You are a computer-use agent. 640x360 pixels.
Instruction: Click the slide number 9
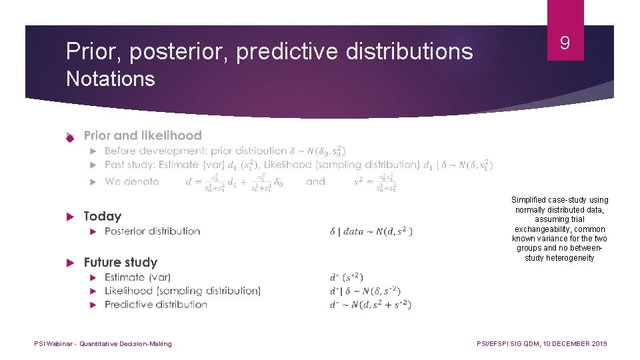coord(565,44)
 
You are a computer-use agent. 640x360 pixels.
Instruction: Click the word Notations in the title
coord(110,79)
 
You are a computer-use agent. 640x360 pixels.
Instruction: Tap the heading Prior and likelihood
coord(143,135)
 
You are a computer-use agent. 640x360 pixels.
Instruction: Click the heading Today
coord(103,216)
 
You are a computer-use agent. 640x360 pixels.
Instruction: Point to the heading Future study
coord(121,262)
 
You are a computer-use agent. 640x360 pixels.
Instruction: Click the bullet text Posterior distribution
coord(153,231)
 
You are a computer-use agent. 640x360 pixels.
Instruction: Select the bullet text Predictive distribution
coord(156,305)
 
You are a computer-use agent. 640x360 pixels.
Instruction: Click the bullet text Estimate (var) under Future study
coord(138,277)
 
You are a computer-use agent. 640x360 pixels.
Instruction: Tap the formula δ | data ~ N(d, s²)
coord(371,231)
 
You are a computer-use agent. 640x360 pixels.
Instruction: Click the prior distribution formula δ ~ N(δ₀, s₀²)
coord(318,151)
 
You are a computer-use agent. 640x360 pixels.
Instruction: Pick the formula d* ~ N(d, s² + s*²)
coord(371,305)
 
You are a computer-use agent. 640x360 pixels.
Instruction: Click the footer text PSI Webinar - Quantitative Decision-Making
coord(103,344)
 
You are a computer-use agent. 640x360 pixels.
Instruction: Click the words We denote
coord(132,181)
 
